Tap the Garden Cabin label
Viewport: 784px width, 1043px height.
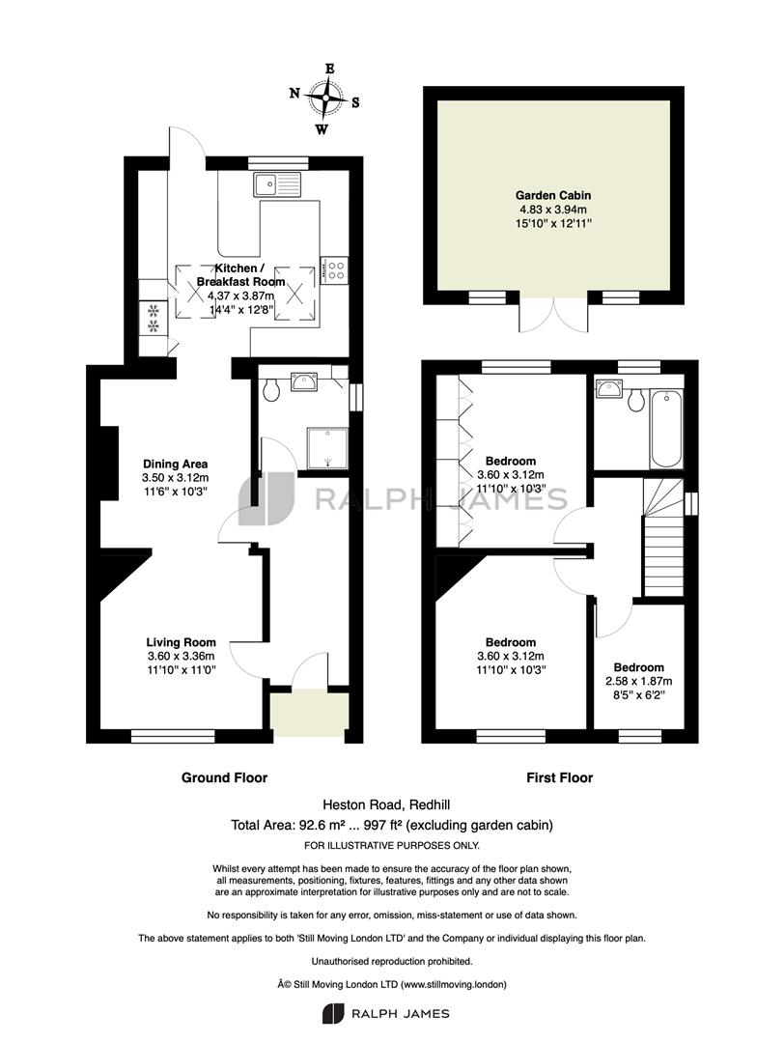point(553,195)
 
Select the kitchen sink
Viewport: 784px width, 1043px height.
point(277,183)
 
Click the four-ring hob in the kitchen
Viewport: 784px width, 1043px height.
point(334,270)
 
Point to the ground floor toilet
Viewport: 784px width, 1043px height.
point(271,389)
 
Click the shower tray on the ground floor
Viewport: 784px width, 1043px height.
point(328,448)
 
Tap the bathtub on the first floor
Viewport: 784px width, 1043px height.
point(666,429)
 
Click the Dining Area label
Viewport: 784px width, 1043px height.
point(176,465)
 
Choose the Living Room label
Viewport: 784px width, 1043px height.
point(181,642)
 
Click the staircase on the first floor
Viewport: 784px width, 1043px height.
point(663,538)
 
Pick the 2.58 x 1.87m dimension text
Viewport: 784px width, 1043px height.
point(638,681)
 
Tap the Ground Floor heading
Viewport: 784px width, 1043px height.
point(225,777)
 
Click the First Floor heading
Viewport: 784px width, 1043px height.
point(560,777)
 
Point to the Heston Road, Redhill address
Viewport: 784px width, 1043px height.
point(386,804)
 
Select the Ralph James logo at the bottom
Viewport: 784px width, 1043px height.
point(385,1014)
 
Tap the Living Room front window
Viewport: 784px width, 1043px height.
point(173,736)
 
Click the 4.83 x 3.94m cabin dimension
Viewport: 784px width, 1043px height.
point(553,210)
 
